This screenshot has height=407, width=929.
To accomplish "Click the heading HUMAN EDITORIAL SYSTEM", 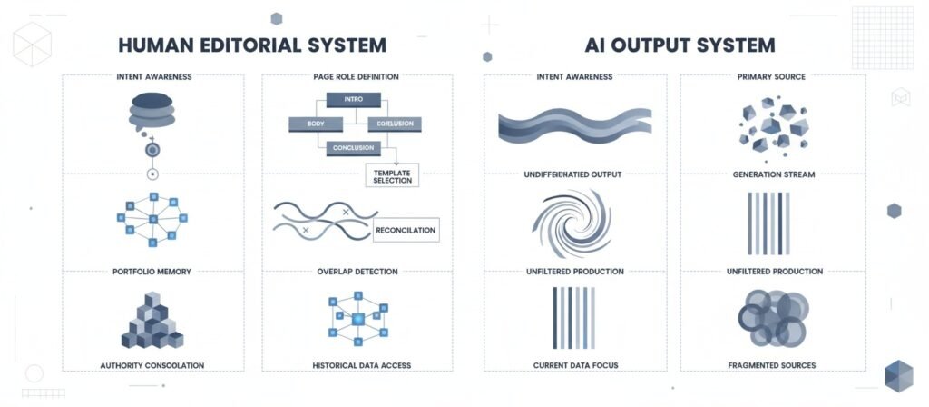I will (252, 45).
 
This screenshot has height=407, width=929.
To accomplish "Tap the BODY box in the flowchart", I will (315, 124).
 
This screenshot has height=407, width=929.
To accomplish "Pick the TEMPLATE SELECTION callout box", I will (392, 175).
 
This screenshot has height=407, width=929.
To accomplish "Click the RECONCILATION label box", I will (406, 230).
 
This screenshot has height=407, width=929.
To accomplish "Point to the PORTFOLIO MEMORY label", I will (152, 271).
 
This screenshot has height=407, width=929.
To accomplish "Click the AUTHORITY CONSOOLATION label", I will (152, 365).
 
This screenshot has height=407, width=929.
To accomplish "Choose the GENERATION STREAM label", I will (774, 173).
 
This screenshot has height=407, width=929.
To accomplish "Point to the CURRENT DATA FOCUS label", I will (574, 365).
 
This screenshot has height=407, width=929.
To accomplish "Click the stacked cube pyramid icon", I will (152, 323).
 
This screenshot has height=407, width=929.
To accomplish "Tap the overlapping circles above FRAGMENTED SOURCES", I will (773, 318).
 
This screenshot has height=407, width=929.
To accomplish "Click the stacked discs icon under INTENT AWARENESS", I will (152, 111).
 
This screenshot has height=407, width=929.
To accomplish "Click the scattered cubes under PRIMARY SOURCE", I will (773, 125).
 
